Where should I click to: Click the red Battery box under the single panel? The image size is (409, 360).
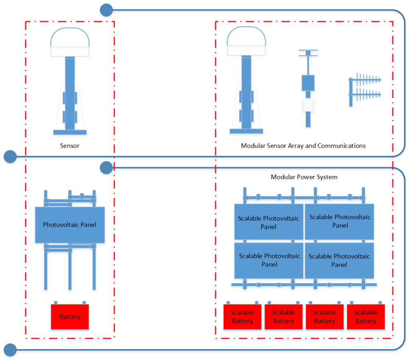coord(70,317)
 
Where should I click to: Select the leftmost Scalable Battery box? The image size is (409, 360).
coord(242,317)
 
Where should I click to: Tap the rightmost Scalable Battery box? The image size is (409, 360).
coord(365,317)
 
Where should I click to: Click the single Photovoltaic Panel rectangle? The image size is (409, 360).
coord(70,225)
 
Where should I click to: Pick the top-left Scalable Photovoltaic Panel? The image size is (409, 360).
coord(268,222)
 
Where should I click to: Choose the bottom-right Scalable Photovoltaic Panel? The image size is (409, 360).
coord(340,260)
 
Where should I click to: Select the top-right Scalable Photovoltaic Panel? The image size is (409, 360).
coord(340,221)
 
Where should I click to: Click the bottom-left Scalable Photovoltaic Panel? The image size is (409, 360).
coord(268,260)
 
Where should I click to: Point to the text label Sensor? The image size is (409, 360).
coord(69,146)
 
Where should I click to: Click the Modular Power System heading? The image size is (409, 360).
coord(304,177)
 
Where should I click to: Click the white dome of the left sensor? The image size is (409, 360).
coord(70,38)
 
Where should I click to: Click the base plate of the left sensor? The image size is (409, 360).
coord(70,132)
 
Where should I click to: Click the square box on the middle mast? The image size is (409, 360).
coord(308,83)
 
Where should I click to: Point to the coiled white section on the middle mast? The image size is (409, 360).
coord(308,106)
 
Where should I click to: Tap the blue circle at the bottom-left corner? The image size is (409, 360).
coord(10,350)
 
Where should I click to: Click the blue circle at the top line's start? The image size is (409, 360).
coord(106,10)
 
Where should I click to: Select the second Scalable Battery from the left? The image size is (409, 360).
coord(283,317)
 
